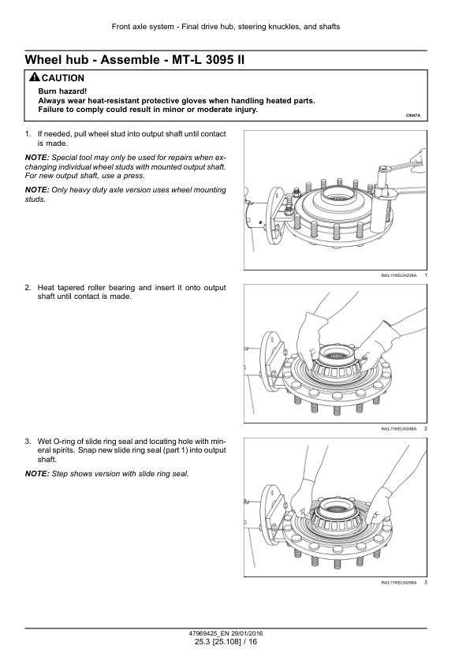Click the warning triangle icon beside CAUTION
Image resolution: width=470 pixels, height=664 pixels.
35,77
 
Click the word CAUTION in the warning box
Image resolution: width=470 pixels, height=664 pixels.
63,78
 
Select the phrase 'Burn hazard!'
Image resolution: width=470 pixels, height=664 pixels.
62,91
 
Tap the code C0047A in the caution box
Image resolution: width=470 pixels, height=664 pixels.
413,115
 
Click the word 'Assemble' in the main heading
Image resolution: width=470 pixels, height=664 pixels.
130,60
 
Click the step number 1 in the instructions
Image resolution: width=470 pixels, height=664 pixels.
28,134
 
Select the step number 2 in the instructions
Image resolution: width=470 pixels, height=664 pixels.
28,288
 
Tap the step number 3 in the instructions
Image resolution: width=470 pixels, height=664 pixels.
28,442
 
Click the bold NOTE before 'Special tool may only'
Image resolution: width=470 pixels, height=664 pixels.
37,158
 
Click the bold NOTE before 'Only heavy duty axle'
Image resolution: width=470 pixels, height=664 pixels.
37,190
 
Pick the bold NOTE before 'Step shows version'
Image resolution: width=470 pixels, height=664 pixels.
37,474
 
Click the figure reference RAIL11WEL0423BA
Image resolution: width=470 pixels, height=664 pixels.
399,276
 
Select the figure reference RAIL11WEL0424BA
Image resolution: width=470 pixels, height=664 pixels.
399,429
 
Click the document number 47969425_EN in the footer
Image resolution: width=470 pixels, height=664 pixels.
209,633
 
